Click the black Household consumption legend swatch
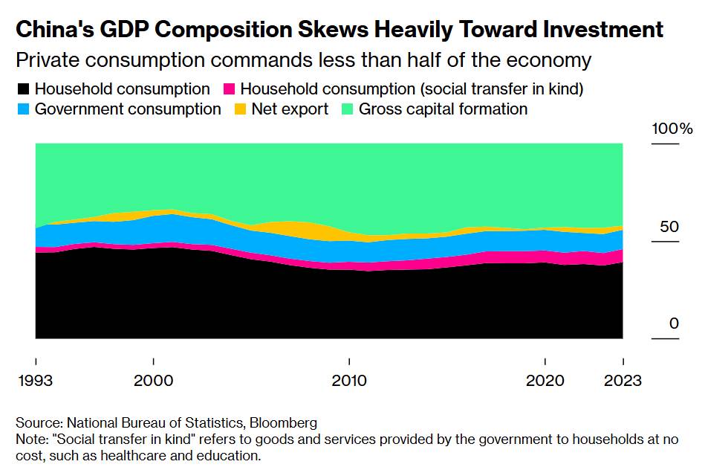click(x=23, y=90)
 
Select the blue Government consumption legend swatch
click(x=23, y=110)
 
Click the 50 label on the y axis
click(x=669, y=226)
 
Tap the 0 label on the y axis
click(x=674, y=323)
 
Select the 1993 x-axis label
click(x=35, y=381)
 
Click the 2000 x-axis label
click(x=153, y=381)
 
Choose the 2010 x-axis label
click(x=348, y=381)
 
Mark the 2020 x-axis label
click(x=545, y=381)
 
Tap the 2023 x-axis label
click(x=623, y=381)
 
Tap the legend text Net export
click(x=290, y=109)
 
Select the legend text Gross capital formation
click(x=443, y=109)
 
